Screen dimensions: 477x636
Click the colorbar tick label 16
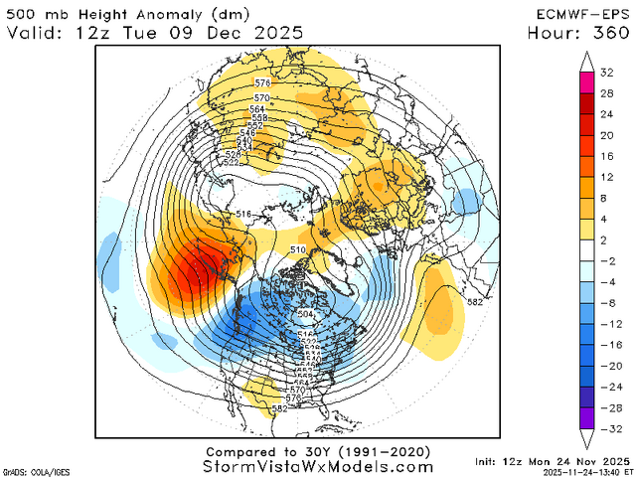(605, 156)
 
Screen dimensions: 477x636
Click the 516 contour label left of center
(245, 215)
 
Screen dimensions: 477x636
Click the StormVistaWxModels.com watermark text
(318, 466)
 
